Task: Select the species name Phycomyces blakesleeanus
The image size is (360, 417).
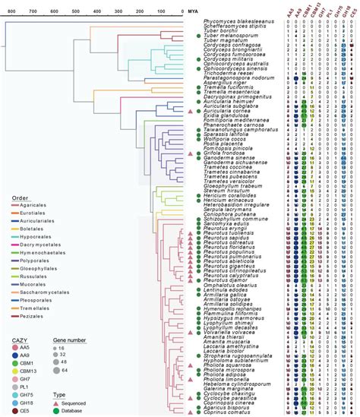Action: click(x=235, y=22)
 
